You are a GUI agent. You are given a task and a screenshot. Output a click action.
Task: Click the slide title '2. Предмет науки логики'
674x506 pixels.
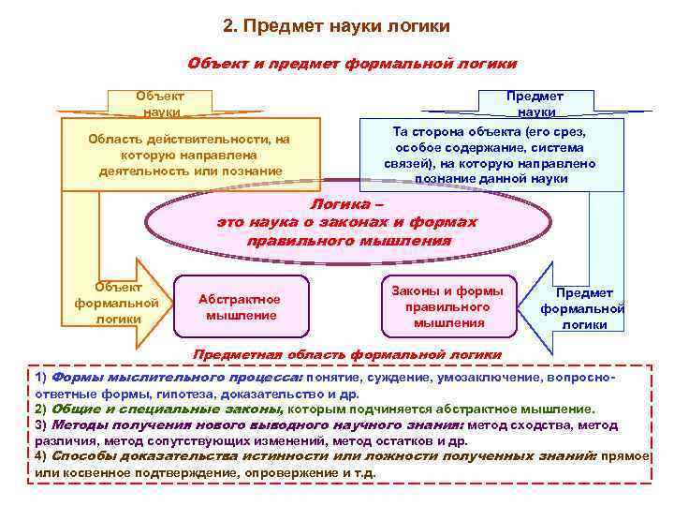tap(337, 24)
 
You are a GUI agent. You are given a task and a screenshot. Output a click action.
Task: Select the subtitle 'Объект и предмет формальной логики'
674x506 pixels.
tap(352, 64)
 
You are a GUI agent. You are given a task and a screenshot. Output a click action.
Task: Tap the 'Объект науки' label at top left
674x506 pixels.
tap(160, 104)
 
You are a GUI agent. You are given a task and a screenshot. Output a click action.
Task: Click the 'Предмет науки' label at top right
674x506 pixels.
tap(536, 104)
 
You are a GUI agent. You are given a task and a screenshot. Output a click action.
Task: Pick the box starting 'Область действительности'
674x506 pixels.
tap(190, 156)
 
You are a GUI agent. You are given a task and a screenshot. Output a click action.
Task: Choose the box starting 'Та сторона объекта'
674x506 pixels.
tap(490, 156)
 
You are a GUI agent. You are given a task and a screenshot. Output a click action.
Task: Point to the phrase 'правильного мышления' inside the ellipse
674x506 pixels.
tap(348, 241)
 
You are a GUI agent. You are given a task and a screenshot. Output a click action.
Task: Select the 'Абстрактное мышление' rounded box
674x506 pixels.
tap(241, 306)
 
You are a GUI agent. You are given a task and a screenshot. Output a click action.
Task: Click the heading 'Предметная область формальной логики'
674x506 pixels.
tap(346, 355)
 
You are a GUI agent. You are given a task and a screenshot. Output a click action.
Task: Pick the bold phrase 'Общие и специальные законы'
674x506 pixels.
tap(168, 409)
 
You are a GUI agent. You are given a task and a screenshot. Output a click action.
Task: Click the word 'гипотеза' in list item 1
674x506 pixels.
tap(169, 394)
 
